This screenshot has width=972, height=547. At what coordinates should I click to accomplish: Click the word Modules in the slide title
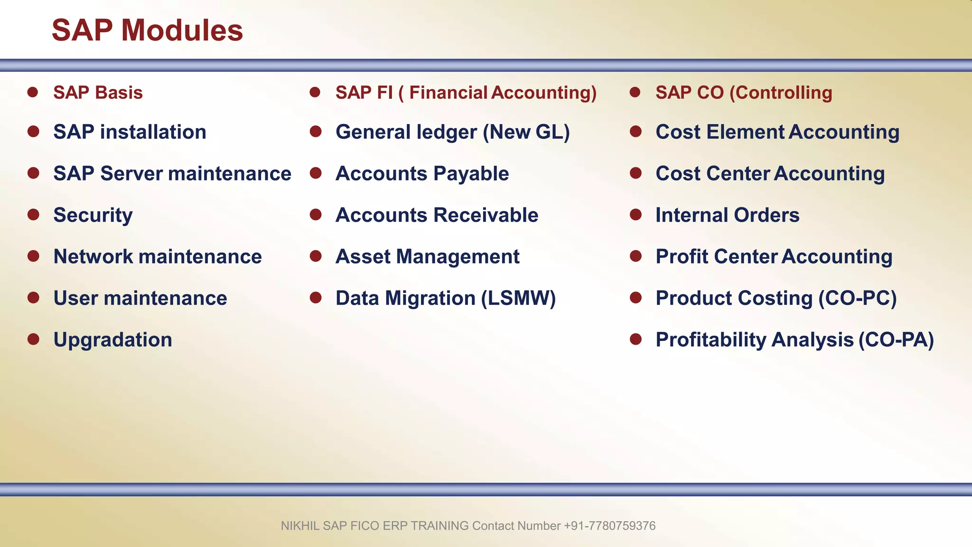182,30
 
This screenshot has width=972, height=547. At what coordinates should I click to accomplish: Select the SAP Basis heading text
98,93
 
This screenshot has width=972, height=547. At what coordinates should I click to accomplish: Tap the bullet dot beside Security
33,215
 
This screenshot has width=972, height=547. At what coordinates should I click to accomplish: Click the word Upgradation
112,340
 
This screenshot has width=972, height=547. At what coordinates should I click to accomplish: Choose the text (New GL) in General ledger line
526,132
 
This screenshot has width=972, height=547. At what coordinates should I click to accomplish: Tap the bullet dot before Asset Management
316,256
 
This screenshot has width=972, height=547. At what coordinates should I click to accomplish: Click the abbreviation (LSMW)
518,298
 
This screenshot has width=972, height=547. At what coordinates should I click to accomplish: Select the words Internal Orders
727,215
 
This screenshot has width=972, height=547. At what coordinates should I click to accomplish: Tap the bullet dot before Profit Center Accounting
636,256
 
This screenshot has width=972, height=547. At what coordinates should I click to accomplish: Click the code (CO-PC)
858,298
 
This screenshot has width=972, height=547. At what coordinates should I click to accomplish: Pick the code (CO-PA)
896,340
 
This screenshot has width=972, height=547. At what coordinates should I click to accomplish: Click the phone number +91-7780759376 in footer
609,526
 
